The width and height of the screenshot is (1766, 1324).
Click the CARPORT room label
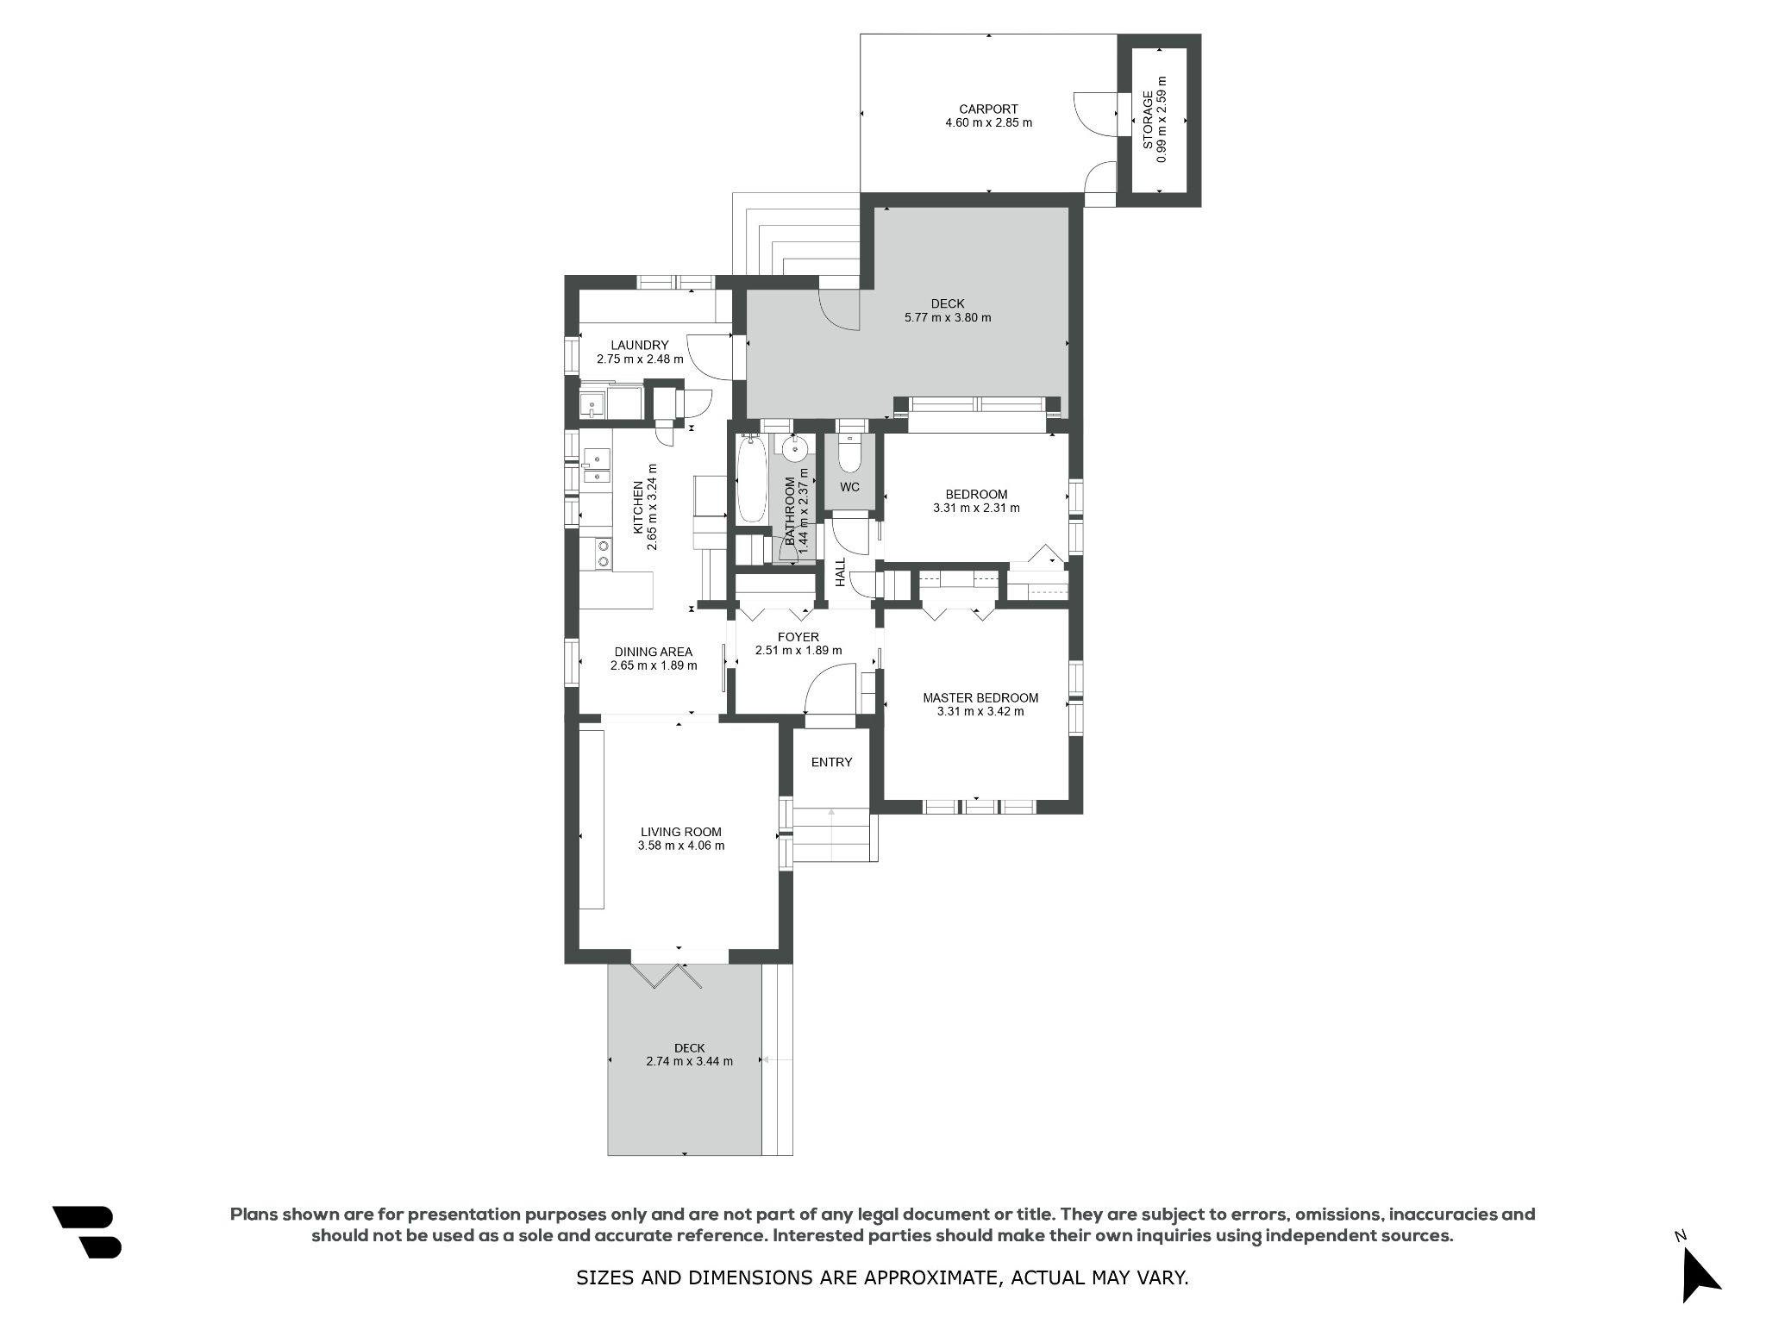[988, 109]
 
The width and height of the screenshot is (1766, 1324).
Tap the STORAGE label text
[1149, 120]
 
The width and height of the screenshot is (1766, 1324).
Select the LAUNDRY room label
[639, 346]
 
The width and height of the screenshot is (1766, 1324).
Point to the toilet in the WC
[849, 449]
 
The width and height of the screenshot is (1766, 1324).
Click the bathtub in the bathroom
[751, 480]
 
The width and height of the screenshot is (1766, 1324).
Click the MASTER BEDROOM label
[980, 698]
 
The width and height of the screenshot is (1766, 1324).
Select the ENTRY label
[832, 762]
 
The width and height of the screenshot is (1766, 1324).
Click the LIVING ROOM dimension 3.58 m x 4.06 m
[681, 846]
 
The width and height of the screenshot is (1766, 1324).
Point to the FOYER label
[798, 637]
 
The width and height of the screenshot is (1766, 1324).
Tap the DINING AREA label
[654, 652]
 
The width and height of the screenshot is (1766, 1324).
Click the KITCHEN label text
[638, 508]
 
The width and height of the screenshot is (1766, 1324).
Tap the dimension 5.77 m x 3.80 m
[948, 317]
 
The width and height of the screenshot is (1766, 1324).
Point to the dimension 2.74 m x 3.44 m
[690, 1061]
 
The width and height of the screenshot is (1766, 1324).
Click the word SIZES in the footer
[603, 1277]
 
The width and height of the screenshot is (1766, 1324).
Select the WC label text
[850, 487]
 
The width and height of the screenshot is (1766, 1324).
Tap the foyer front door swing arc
[823, 672]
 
